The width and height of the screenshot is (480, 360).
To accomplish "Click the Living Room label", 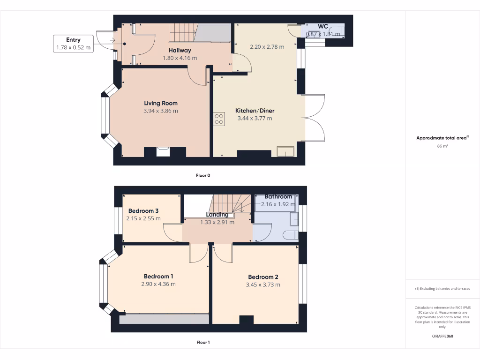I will pyautogui.click(x=160, y=103).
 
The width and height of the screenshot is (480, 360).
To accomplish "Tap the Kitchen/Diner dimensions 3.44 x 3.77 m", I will pyautogui.click(x=255, y=119).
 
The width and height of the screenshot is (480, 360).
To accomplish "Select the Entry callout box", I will pyautogui.click(x=73, y=44).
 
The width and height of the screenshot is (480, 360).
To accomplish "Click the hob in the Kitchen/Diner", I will pyautogui.click(x=218, y=119).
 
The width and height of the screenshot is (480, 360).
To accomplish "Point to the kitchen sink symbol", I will pyautogui.click(x=285, y=151).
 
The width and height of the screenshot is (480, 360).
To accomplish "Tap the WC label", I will pyautogui.click(x=323, y=26).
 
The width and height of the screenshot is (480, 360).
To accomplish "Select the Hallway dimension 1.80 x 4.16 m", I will pyautogui.click(x=180, y=58).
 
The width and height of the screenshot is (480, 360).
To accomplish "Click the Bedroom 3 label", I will pyautogui.click(x=143, y=211).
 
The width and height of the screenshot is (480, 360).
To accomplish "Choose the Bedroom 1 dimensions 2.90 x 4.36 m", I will pyautogui.click(x=158, y=284).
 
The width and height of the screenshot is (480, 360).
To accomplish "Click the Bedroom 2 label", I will pyautogui.click(x=263, y=277).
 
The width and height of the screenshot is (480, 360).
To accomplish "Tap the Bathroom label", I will pyautogui.click(x=278, y=197).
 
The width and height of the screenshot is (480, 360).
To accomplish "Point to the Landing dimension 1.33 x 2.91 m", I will pyautogui.click(x=217, y=222).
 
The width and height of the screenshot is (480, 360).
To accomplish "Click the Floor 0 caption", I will pyautogui.click(x=203, y=175).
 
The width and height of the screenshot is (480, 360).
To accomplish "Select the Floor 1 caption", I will pyautogui.click(x=203, y=343).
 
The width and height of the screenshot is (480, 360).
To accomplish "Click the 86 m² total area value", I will pyautogui.click(x=442, y=146).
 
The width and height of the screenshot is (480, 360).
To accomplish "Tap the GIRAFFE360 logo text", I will pyautogui.click(x=442, y=336).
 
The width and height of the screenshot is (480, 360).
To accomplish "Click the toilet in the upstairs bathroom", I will pyautogui.click(x=291, y=235).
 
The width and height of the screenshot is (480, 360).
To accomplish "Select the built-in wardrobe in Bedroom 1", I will pyautogui.click(x=164, y=319).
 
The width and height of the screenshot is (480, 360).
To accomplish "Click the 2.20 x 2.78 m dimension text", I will pyautogui.click(x=267, y=47).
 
